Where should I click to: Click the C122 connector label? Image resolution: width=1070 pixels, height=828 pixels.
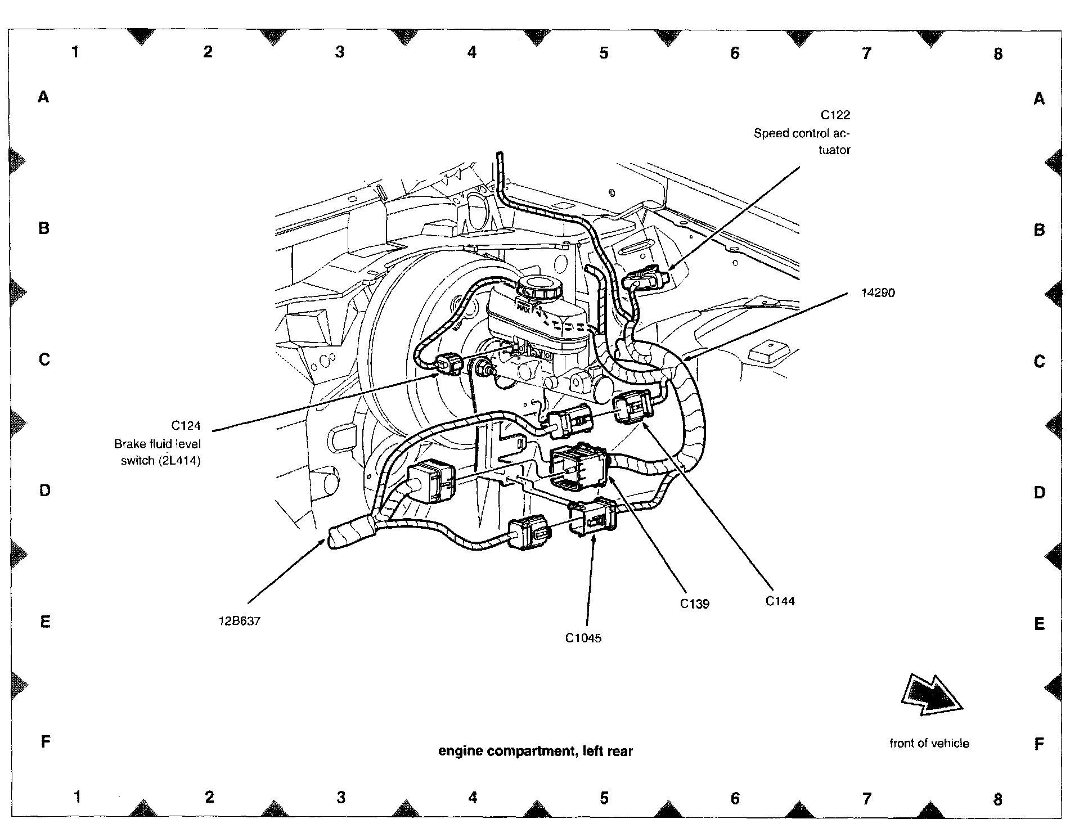coord(835,115)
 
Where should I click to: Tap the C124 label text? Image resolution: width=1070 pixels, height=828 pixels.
coord(186,426)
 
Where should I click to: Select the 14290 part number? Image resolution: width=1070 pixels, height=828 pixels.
coord(878,292)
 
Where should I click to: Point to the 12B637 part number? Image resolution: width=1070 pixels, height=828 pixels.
coord(240,622)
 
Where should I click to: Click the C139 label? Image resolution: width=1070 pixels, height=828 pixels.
coord(694,604)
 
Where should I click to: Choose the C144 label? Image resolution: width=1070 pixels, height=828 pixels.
coord(780,601)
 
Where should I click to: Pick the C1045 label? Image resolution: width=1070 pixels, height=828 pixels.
coord(583,638)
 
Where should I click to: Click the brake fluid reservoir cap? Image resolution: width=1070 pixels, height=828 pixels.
coord(540,289)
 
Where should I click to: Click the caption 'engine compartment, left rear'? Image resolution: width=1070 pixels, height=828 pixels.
coord(536,751)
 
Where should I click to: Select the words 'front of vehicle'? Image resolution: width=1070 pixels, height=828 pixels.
coord(929,743)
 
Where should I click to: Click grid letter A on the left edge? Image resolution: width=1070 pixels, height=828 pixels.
coord(43,97)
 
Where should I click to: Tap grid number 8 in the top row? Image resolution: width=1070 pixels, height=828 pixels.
coord(997,54)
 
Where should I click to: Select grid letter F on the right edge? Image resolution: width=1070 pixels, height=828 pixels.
coord(1038,744)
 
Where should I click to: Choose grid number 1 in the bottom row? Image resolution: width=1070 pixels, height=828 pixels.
coord(78,797)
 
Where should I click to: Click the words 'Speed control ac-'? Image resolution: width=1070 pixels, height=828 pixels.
coord(802,133)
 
